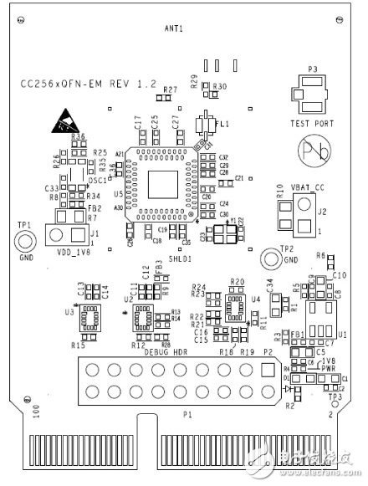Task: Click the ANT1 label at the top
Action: (x=174, y=28)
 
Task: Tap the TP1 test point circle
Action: (x=25, y=243)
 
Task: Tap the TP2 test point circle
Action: (x=269, y=259)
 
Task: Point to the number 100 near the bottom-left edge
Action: (x=35, y=412)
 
